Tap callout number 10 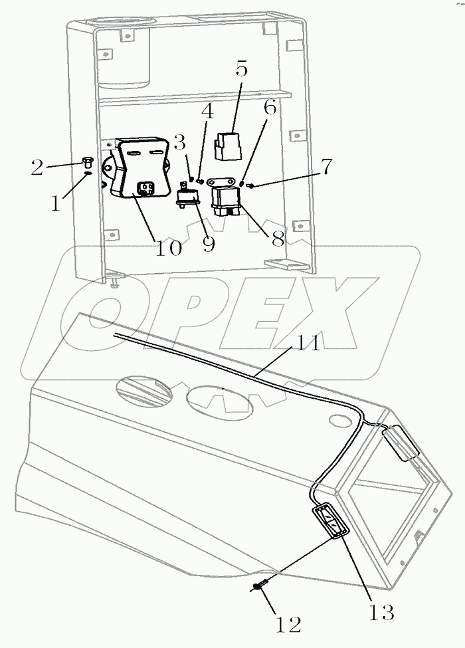[x=169, y=247]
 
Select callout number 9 [x=208, y=243]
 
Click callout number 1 [x=55, y=201]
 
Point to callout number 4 [x=207, y=112]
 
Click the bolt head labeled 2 [x=87, y=162]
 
